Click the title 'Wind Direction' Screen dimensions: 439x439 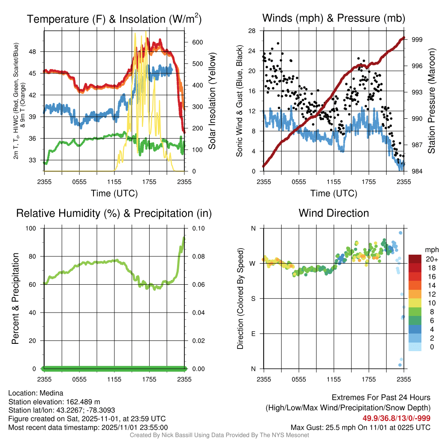(x=334, y=213)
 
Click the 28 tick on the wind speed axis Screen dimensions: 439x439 (x=252, y=31)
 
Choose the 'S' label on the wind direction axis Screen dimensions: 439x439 (x=253, y=298)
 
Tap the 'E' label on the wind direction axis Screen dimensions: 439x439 (x=253, y=334)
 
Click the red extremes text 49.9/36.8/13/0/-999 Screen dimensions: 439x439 (x=397, y=418)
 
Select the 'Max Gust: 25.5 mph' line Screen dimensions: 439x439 (x=318, y=427)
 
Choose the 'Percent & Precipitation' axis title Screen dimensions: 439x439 (x=15, y=298)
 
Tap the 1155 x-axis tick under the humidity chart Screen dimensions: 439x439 (x=114, y=379)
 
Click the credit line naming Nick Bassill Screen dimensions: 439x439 (x=219, y=435)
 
